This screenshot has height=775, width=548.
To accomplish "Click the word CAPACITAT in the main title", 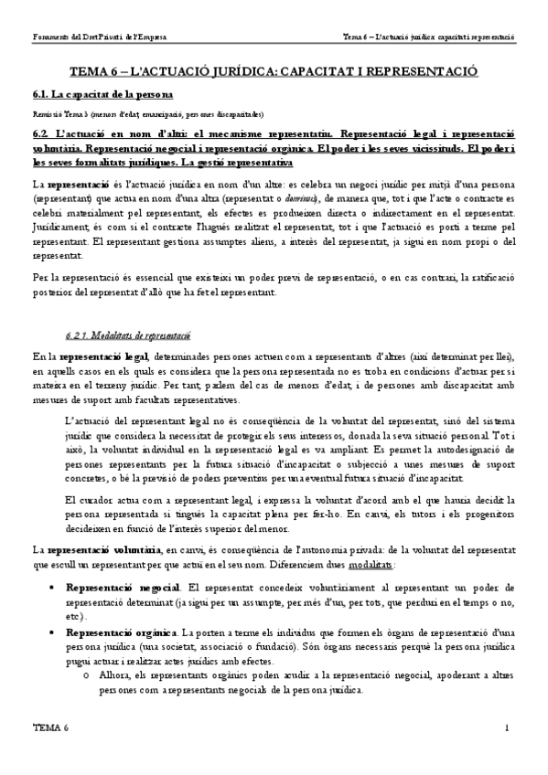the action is (x=322, y=71).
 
